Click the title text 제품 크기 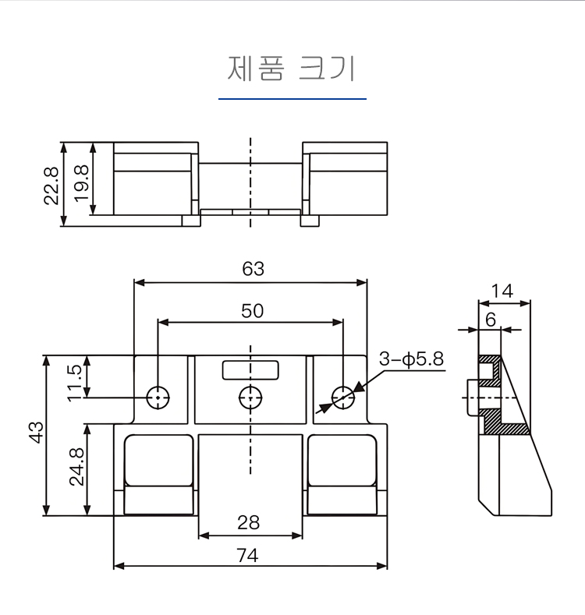[291, 69]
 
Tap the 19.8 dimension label [81, 182]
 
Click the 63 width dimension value [253, 269]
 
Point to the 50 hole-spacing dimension [252, 310]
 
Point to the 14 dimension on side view [503, 292]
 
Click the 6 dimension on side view [490, 319]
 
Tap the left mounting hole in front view [159, 398]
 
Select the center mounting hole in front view [250, 398]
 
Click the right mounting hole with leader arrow [342, 398]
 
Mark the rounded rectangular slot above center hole [250, 369]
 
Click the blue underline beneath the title [292, 99]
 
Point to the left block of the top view [154, 181]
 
